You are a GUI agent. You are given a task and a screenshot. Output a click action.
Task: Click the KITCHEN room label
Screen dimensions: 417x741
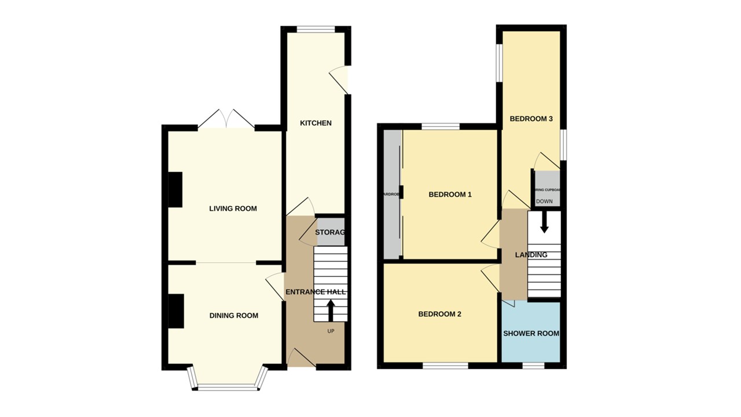316,123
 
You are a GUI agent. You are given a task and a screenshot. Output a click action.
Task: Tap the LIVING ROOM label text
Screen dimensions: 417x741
233,209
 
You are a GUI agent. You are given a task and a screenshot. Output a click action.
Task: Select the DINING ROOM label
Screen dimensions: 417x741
233,316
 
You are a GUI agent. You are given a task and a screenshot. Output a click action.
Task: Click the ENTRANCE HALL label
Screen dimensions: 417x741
315,292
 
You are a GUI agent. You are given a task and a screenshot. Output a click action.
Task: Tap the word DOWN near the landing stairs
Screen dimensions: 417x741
544,202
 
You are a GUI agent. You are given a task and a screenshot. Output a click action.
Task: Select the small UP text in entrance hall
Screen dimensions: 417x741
331,331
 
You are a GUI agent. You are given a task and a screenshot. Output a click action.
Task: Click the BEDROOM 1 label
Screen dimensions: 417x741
450,195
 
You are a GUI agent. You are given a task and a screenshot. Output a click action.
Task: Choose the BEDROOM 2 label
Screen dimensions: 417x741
439,314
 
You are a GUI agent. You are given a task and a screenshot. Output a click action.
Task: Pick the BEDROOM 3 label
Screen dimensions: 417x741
531,119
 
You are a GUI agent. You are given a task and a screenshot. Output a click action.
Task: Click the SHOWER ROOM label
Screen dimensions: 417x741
531,334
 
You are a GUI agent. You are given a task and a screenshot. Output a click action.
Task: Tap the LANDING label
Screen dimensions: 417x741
531,255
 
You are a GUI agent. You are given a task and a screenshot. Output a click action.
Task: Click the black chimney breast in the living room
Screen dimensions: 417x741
175,189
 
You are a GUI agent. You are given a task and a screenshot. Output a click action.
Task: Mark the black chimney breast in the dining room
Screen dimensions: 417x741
175,310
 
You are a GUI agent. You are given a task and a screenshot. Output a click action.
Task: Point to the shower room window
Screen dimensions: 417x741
533,365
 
